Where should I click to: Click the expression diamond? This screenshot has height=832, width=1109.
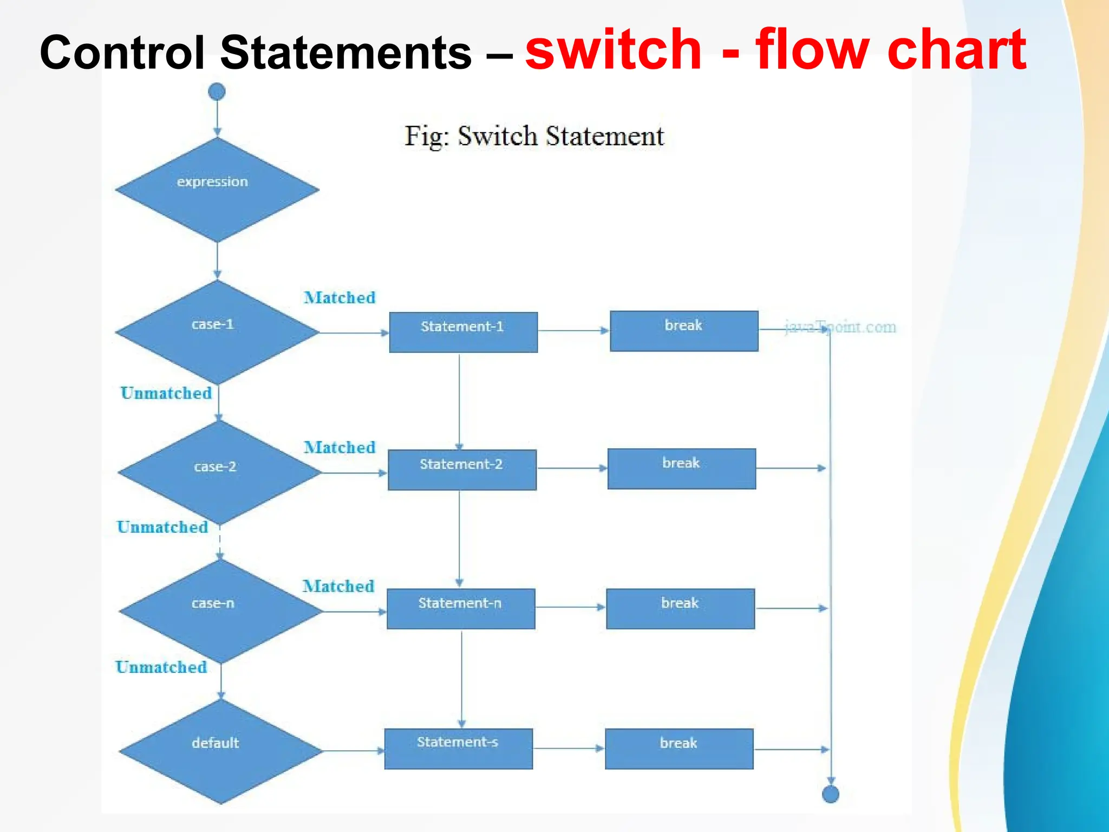point(217,189)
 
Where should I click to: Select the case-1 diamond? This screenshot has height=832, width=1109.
point(217,332)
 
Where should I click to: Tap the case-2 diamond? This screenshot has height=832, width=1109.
point(219,472)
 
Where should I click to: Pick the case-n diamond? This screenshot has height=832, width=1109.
point(220,612)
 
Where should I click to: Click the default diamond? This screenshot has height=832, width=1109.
point(220,751)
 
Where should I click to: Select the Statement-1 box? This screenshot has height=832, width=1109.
point(463,332)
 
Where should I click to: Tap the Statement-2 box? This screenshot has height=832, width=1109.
point(462,470)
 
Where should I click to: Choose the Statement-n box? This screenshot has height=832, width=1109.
point(461,609)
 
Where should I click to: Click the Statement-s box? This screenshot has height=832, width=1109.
point(458,749)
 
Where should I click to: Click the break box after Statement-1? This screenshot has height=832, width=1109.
point(684,331)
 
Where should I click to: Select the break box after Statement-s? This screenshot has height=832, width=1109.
point(679,749)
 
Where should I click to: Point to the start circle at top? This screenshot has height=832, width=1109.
point(217,92)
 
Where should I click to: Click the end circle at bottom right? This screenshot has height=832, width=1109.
point(830,794)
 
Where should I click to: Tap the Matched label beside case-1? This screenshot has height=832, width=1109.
point(340,297)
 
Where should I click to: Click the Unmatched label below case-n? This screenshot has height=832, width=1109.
point(161,667)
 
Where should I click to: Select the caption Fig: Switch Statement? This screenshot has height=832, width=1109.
point(534,136)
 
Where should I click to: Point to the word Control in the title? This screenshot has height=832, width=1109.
point(122,53)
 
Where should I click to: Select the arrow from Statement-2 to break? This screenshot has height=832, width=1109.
point(572,469)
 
